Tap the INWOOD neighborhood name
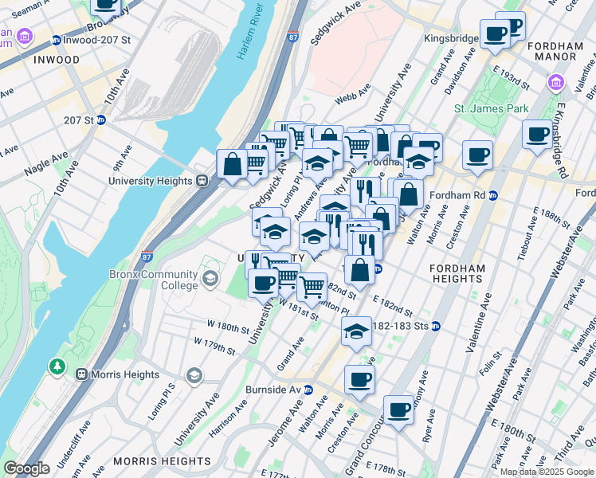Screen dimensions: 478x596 pos(56,60)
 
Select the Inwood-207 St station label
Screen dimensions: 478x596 pos(88,40)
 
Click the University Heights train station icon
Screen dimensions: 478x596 pos(202,181)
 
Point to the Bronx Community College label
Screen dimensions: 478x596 pos(153,280)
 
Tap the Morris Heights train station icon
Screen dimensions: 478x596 pos(80,374)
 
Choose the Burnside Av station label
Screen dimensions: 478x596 pos(284,390)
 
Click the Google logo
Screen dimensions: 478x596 pos(26,468)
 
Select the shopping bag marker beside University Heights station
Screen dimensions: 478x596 pos(232,165)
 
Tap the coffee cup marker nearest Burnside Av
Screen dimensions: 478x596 pos(359,380)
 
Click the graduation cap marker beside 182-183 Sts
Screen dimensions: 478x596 pos(356,331)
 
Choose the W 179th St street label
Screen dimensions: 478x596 pos(215,346)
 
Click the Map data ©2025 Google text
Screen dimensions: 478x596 pos(547,472)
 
